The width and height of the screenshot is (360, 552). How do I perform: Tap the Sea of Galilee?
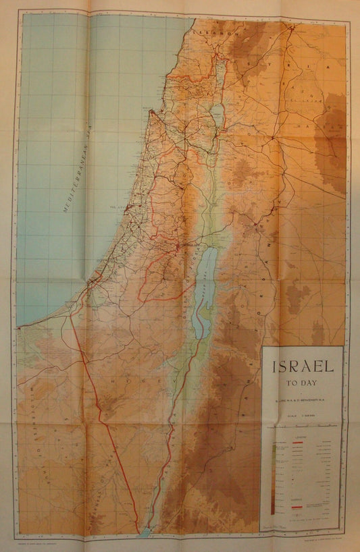217,115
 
